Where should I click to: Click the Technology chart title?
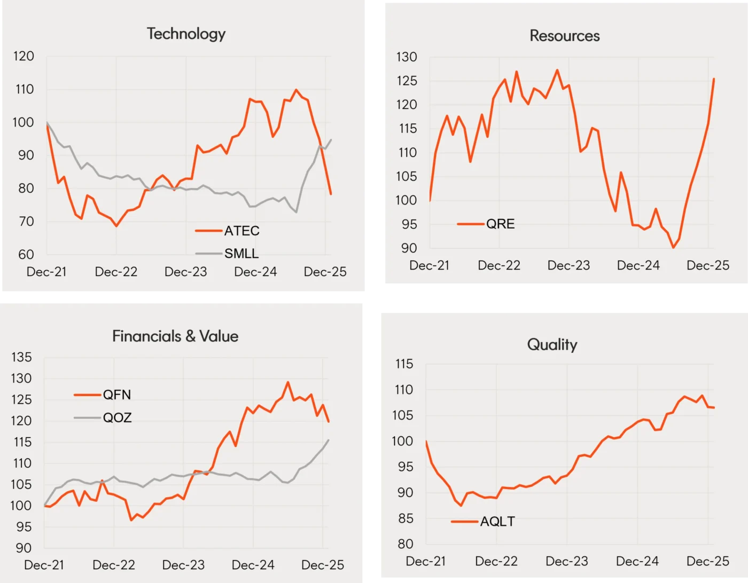[186, 34]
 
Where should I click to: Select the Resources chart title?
[564, 36]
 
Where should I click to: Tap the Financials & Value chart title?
[175, 336]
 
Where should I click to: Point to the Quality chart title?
[552, 344]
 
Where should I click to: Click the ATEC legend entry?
[241, 231]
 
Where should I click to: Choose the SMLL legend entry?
[241, 253]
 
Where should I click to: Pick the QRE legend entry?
[500, 224]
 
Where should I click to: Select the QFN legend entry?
[116, 395]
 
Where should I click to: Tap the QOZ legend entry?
[117, 417]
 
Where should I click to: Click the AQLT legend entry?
[497, 521]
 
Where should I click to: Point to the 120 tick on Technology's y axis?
[24, 56]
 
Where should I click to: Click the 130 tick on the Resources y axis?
[407, 57]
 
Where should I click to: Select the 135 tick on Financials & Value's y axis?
[21, 357]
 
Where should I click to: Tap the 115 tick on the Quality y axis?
[404, 364]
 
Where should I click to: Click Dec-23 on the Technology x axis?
[185, 272]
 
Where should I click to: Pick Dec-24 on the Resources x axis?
[638, 265]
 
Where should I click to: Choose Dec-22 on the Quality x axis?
[496, 561]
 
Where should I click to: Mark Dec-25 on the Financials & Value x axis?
[322, 565]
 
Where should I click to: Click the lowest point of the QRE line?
[673, 247]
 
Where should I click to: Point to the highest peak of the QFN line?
[288, 382]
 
